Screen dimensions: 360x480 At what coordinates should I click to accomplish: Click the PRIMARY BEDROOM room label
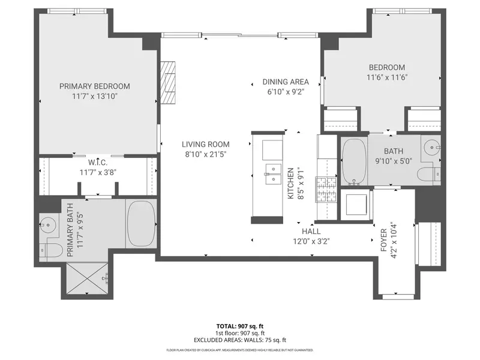point(95,86)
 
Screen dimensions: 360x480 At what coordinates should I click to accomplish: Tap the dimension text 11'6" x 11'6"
point(386,77)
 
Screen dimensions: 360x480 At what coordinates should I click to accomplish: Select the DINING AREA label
point(286,82)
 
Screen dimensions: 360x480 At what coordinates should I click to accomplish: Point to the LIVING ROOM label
point(206,144)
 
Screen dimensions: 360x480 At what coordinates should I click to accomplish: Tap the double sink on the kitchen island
point(272,173)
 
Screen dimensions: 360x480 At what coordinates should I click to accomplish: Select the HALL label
point(311,231)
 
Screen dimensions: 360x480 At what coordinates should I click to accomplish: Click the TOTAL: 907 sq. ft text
point(241,327)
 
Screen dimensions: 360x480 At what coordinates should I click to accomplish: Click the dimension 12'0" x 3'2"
point(311,241)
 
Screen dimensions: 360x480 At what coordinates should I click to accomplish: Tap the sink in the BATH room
point(432,146)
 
